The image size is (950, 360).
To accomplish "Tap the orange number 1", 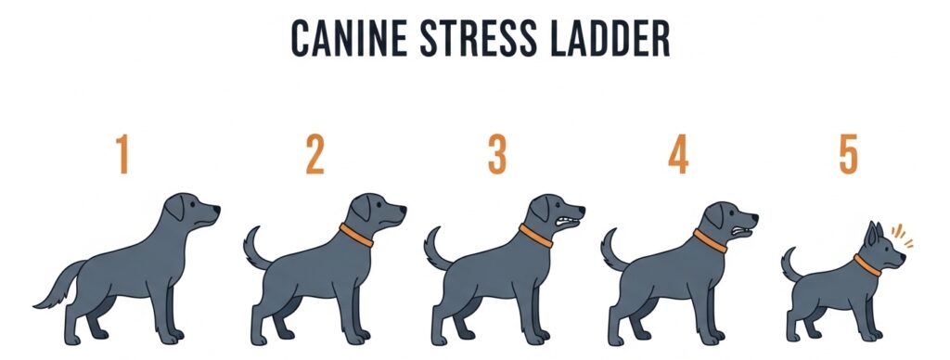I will click(x=122, y=155).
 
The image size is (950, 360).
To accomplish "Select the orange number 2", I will click(x=315, y=155).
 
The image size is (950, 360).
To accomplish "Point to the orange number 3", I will click(x=498, y=155).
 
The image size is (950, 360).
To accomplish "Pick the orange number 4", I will click(x=678, y=155).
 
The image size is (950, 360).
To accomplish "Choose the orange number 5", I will click(x=848, y=155).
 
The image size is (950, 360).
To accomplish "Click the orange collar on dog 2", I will click(x=355, y=235).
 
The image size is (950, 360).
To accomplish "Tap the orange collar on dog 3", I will click(x=535, y=235).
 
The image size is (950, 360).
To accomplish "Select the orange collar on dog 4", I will click(x=710, y=241).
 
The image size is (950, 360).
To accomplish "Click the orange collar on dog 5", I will click(x=867, y=265).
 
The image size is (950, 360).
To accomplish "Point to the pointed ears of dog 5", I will click(x=875, y=233).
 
